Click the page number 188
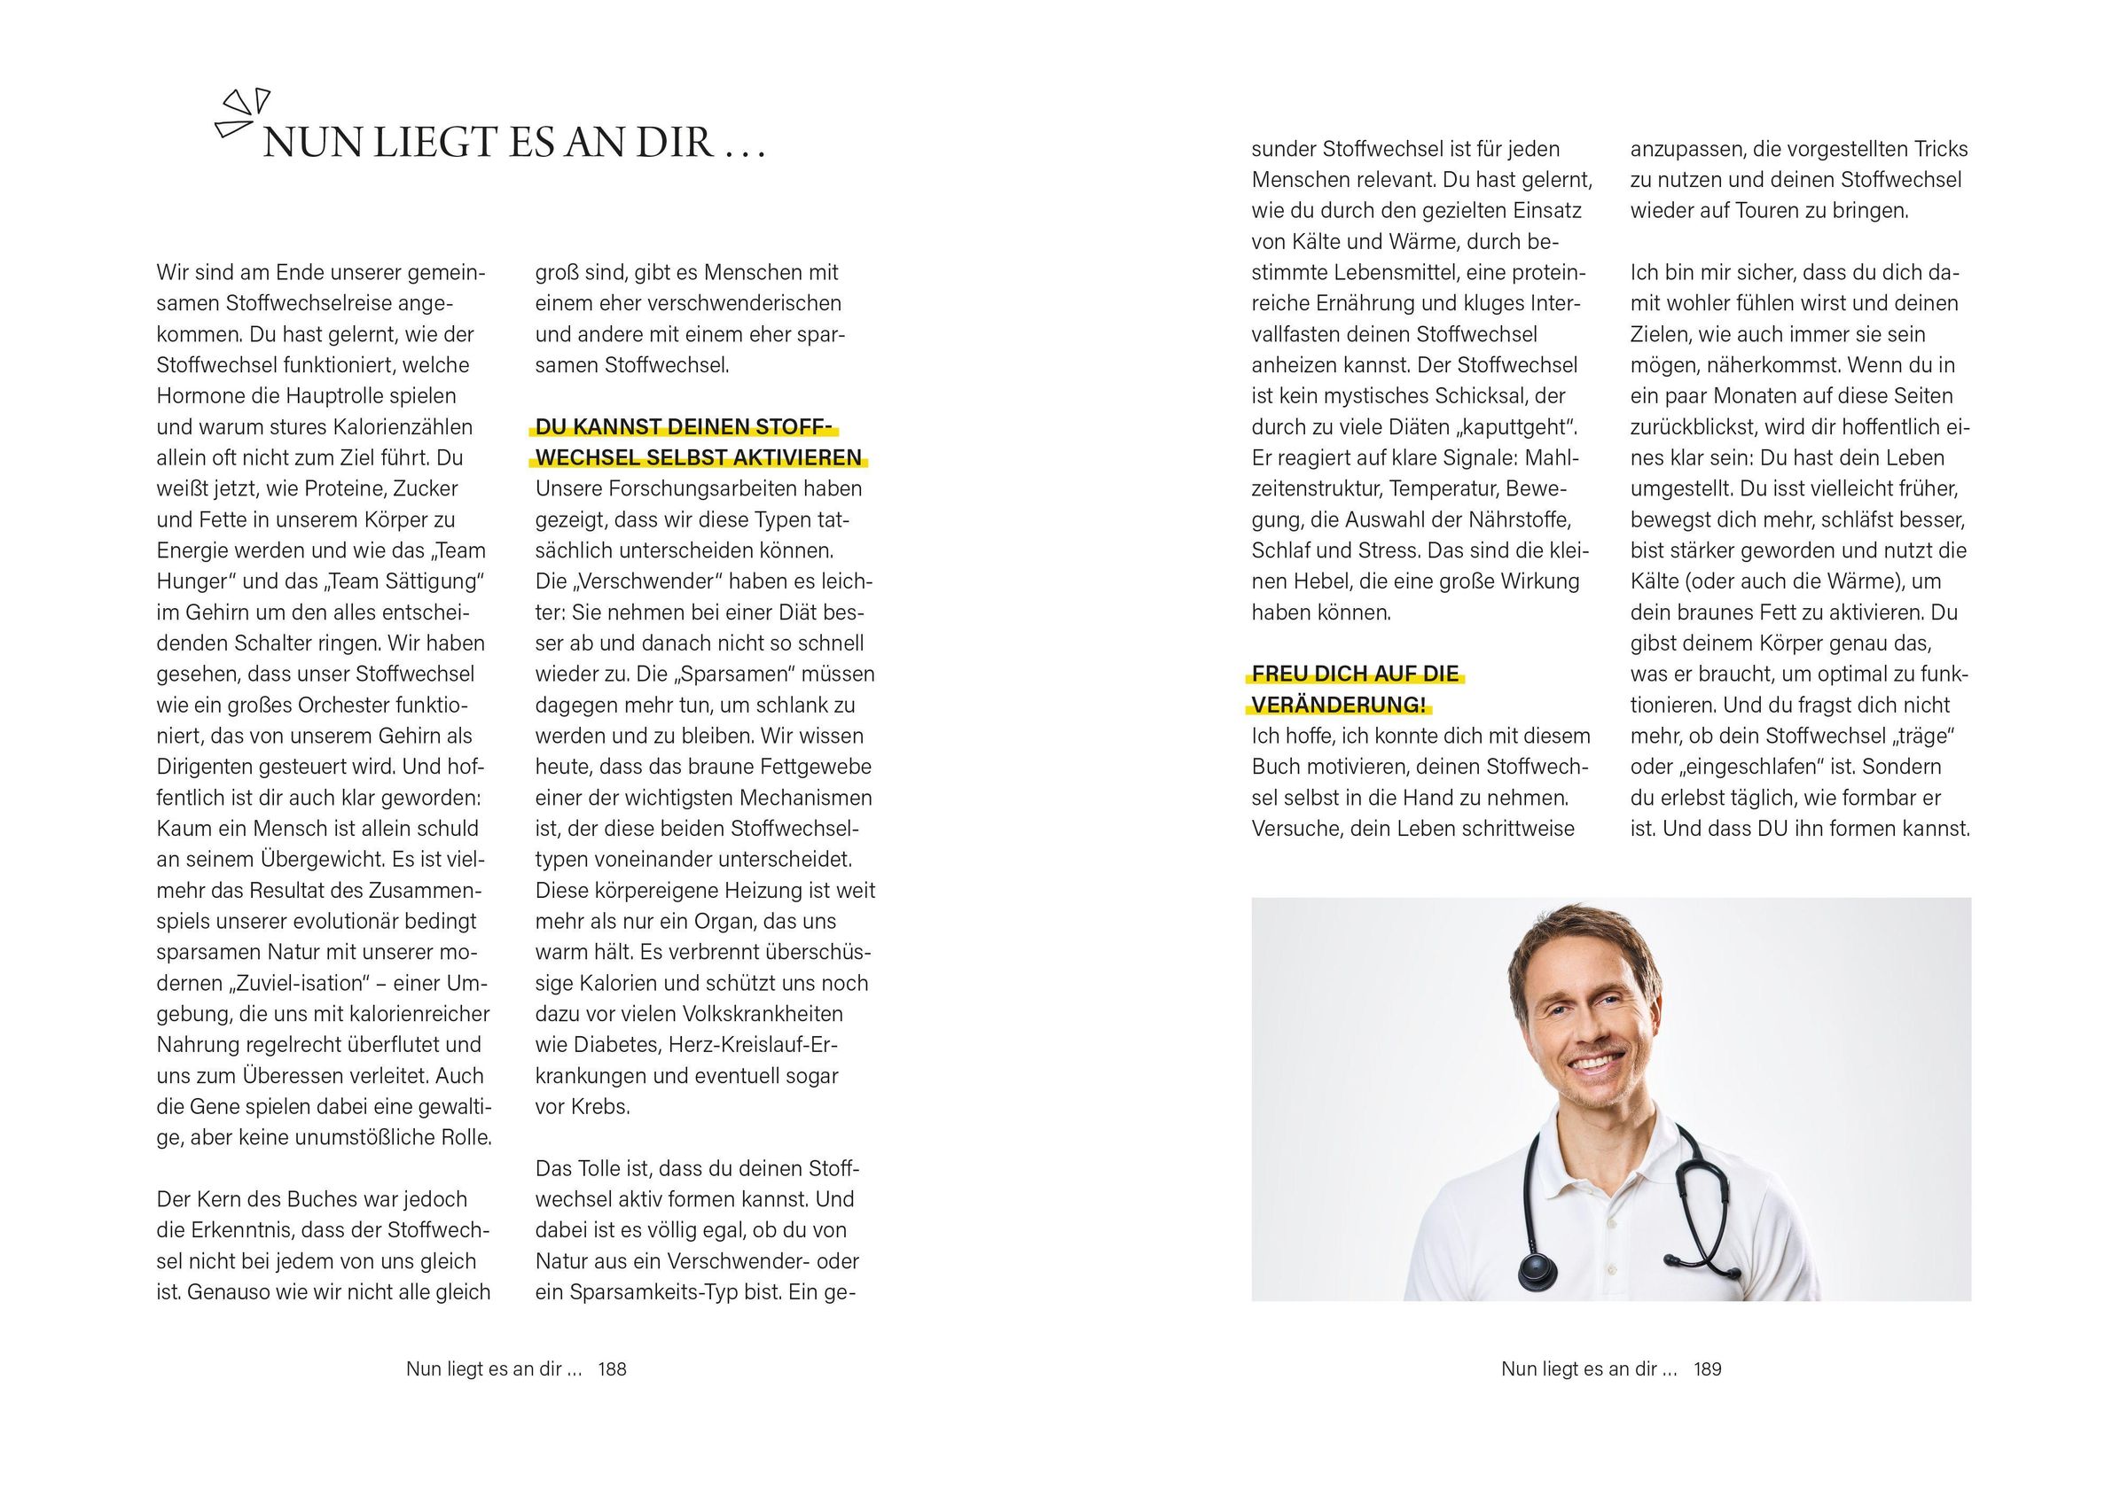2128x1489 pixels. [612, 1368]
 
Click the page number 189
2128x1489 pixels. [1707, 1368]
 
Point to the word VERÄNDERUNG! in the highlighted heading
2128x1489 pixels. [1338, 706]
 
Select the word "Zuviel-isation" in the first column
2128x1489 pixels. [296, 983]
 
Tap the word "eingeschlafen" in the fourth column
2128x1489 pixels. [1739, 768]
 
